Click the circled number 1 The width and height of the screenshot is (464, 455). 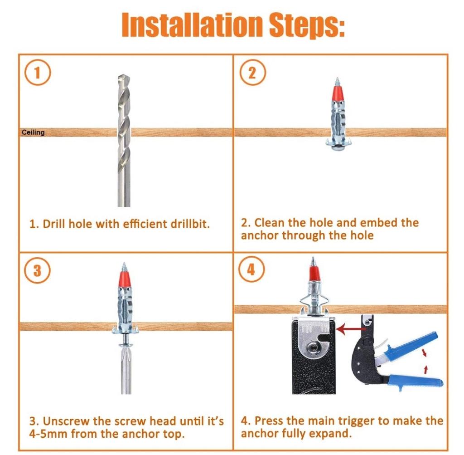[37, 73]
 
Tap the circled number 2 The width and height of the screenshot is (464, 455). [252, 72]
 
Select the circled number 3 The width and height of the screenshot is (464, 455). [37, 270]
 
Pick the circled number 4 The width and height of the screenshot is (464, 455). [251, 269]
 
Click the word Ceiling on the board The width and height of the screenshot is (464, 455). [33, 132]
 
